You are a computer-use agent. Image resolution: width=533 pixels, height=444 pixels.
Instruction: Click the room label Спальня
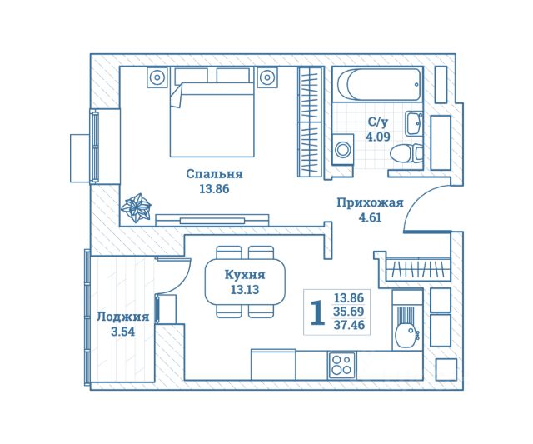point(215,174)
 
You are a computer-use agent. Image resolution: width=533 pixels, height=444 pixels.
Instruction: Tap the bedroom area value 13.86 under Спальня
point(214,189)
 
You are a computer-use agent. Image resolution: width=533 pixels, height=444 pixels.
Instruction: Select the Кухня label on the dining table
point(245,275)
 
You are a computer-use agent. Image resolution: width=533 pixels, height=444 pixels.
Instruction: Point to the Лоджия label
point(122,317)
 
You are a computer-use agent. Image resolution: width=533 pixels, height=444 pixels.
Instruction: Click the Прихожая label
point(370,202)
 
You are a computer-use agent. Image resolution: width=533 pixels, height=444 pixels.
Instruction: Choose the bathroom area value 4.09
point(377,137)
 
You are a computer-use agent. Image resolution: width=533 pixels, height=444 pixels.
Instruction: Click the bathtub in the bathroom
point(379,85)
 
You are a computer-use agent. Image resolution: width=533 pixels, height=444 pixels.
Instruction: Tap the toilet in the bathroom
point(406,153)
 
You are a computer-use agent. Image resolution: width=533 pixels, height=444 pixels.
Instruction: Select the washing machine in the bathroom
point(342,149)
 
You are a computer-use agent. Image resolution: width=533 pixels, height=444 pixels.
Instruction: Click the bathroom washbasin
point(413,124)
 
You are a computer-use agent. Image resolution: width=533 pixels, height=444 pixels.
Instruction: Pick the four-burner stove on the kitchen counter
point(342,365)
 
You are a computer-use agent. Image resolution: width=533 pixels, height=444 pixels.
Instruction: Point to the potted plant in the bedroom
point(136,207)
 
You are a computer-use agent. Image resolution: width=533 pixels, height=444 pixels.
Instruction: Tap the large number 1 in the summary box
point(317,312)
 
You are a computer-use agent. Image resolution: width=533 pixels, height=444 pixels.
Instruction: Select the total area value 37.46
point(349,325)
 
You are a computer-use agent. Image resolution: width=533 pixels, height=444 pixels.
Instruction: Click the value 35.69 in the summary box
point(349,312)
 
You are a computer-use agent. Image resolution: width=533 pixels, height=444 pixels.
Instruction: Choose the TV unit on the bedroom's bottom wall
point(212,220)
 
